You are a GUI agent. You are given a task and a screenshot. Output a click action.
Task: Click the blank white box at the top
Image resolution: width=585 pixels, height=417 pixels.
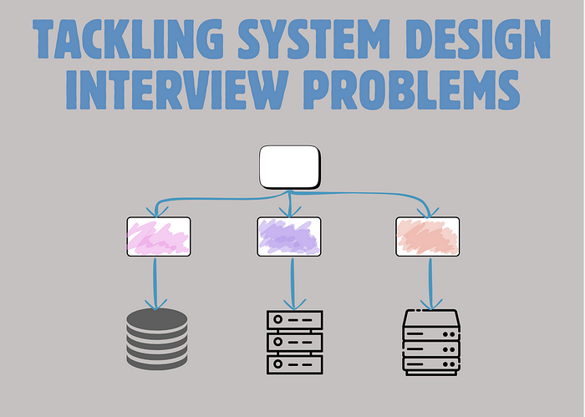pyautogui.click(x=289, y=167)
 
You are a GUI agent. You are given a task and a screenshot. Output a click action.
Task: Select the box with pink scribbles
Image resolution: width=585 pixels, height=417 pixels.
pyautogui.click(x=159, y=236)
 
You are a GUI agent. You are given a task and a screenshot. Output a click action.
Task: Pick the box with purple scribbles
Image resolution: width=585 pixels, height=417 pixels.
pyautogui.click(x=289, y=236)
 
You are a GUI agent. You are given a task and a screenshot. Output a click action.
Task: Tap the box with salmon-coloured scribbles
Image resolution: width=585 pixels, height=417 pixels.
pyautogui.click(x=427, y=236)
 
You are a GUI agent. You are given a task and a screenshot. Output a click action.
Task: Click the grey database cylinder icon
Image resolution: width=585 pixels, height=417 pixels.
pyautogui.click(x=157, y=338)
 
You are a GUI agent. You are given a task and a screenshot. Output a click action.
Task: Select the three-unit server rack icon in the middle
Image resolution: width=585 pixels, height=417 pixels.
pyautogui.click(x=293, y=342)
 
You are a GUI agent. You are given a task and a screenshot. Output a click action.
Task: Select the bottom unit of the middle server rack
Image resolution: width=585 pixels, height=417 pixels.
pyautogui.click(x=293, y=364)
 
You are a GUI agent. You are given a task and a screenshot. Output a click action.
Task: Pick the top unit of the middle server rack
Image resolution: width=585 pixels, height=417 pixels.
pyautogui.click(x=293, y=320)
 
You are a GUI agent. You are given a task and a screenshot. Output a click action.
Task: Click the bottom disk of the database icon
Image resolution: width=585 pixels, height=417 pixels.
pyautogui.click(x=157, y=361)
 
